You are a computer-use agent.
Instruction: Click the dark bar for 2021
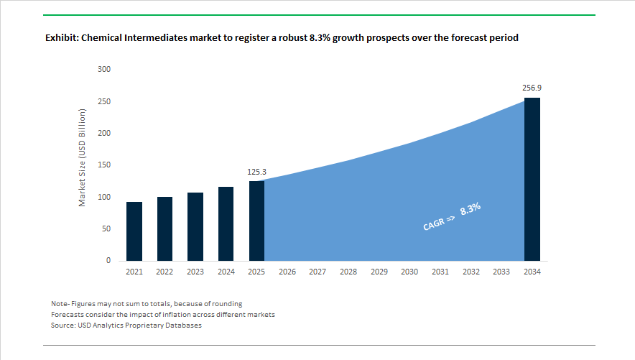coord(134,231)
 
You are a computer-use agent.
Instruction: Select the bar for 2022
coord(164,229)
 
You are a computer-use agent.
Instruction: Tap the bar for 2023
coord(195,226)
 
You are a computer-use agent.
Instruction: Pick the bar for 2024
coord(226,223)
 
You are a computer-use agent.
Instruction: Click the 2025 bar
coord(256,221)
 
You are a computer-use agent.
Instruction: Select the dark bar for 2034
coord(532,179)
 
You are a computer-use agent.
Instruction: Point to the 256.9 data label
coord(532,88)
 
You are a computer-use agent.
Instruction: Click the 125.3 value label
coord(256,171)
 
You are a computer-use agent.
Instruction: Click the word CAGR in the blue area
coord(435,224)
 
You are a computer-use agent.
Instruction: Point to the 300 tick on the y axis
coord(104,70)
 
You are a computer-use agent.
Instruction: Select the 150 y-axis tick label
coord(104,165)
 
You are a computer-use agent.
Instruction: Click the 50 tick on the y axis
coord(106,229)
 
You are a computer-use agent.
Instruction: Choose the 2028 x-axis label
coord(348,272)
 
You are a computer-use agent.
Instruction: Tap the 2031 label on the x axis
coord(440,272)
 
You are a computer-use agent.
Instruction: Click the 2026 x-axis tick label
coord(287,272)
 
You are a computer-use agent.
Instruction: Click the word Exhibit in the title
coord(61,37)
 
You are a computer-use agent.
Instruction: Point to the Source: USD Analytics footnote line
coord(126,326)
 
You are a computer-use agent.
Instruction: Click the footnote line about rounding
coord(147,303)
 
